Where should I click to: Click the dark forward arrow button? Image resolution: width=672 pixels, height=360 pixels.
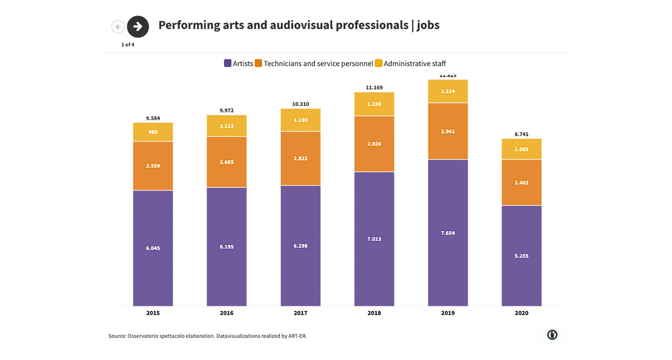[138, 26]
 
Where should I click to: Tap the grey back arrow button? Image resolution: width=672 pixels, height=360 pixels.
[118, 26]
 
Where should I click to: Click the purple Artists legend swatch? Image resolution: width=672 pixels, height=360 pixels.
[228, 64]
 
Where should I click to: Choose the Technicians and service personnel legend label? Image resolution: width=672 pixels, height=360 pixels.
[318, 64]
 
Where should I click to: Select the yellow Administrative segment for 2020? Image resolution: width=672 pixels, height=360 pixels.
[521, 149]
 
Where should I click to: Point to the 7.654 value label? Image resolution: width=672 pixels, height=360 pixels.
[448, 233]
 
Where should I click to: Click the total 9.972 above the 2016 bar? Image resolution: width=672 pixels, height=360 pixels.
[226, 111]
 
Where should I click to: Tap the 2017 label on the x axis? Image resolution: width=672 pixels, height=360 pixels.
[301, 313]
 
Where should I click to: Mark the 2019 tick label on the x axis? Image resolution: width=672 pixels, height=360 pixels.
[448, 313]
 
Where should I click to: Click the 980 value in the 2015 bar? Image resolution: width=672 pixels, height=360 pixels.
[153, 132]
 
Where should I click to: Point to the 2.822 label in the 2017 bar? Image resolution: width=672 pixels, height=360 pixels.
[301, 158]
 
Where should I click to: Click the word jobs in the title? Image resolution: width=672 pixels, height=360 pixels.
[428, 25]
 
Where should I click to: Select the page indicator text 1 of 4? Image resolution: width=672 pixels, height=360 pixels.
[128, 45]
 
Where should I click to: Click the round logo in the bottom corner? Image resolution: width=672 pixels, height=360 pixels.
[552, 335]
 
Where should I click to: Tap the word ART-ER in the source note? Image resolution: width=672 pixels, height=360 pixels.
[297, 336]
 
